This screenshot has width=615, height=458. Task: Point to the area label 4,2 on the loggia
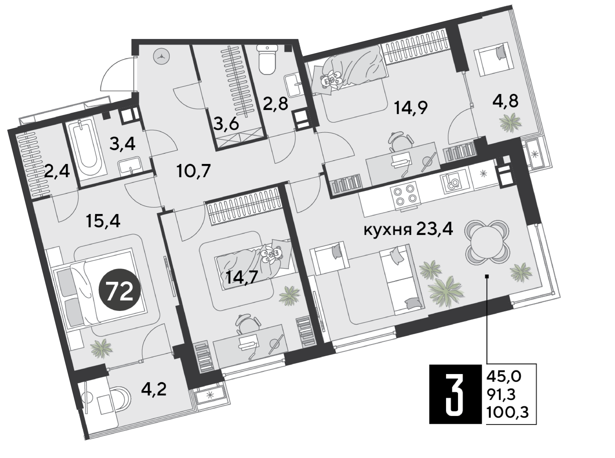[154, 389]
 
